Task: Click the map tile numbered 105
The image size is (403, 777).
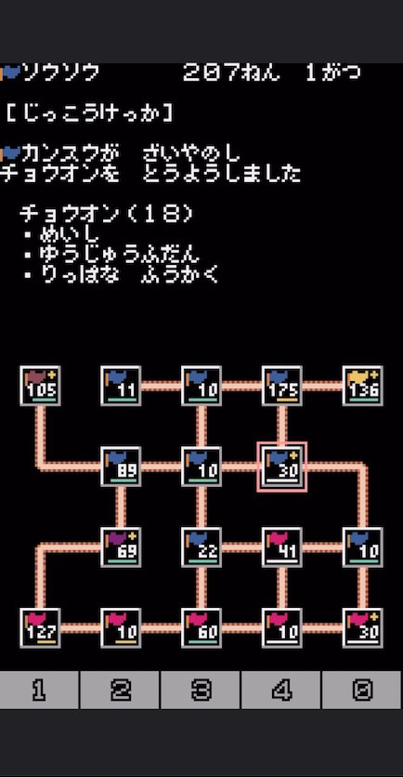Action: point(40,386)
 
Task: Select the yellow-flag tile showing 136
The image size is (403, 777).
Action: point(362,386)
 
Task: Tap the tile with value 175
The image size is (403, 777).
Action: point(281,386)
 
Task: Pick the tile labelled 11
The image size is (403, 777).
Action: point(121,386)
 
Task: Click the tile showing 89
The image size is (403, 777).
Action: point(121,467)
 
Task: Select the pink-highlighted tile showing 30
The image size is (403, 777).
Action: point(281,467)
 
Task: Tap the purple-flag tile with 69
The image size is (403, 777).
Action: point(121,547)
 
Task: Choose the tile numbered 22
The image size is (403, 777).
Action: point(201,547)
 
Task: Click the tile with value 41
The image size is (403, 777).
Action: point(281,547)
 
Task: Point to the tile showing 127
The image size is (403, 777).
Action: point(40,628)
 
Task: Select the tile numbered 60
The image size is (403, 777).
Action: point(201,628)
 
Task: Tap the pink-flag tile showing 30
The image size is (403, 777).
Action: point(362,628)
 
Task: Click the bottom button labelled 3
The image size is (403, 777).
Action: point(201,690)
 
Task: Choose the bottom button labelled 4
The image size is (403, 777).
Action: point(280,690)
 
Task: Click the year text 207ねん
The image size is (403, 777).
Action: point(231,73)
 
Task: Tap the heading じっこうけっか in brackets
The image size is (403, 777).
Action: point(90,114)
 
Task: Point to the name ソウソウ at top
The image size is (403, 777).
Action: point(60,73)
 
